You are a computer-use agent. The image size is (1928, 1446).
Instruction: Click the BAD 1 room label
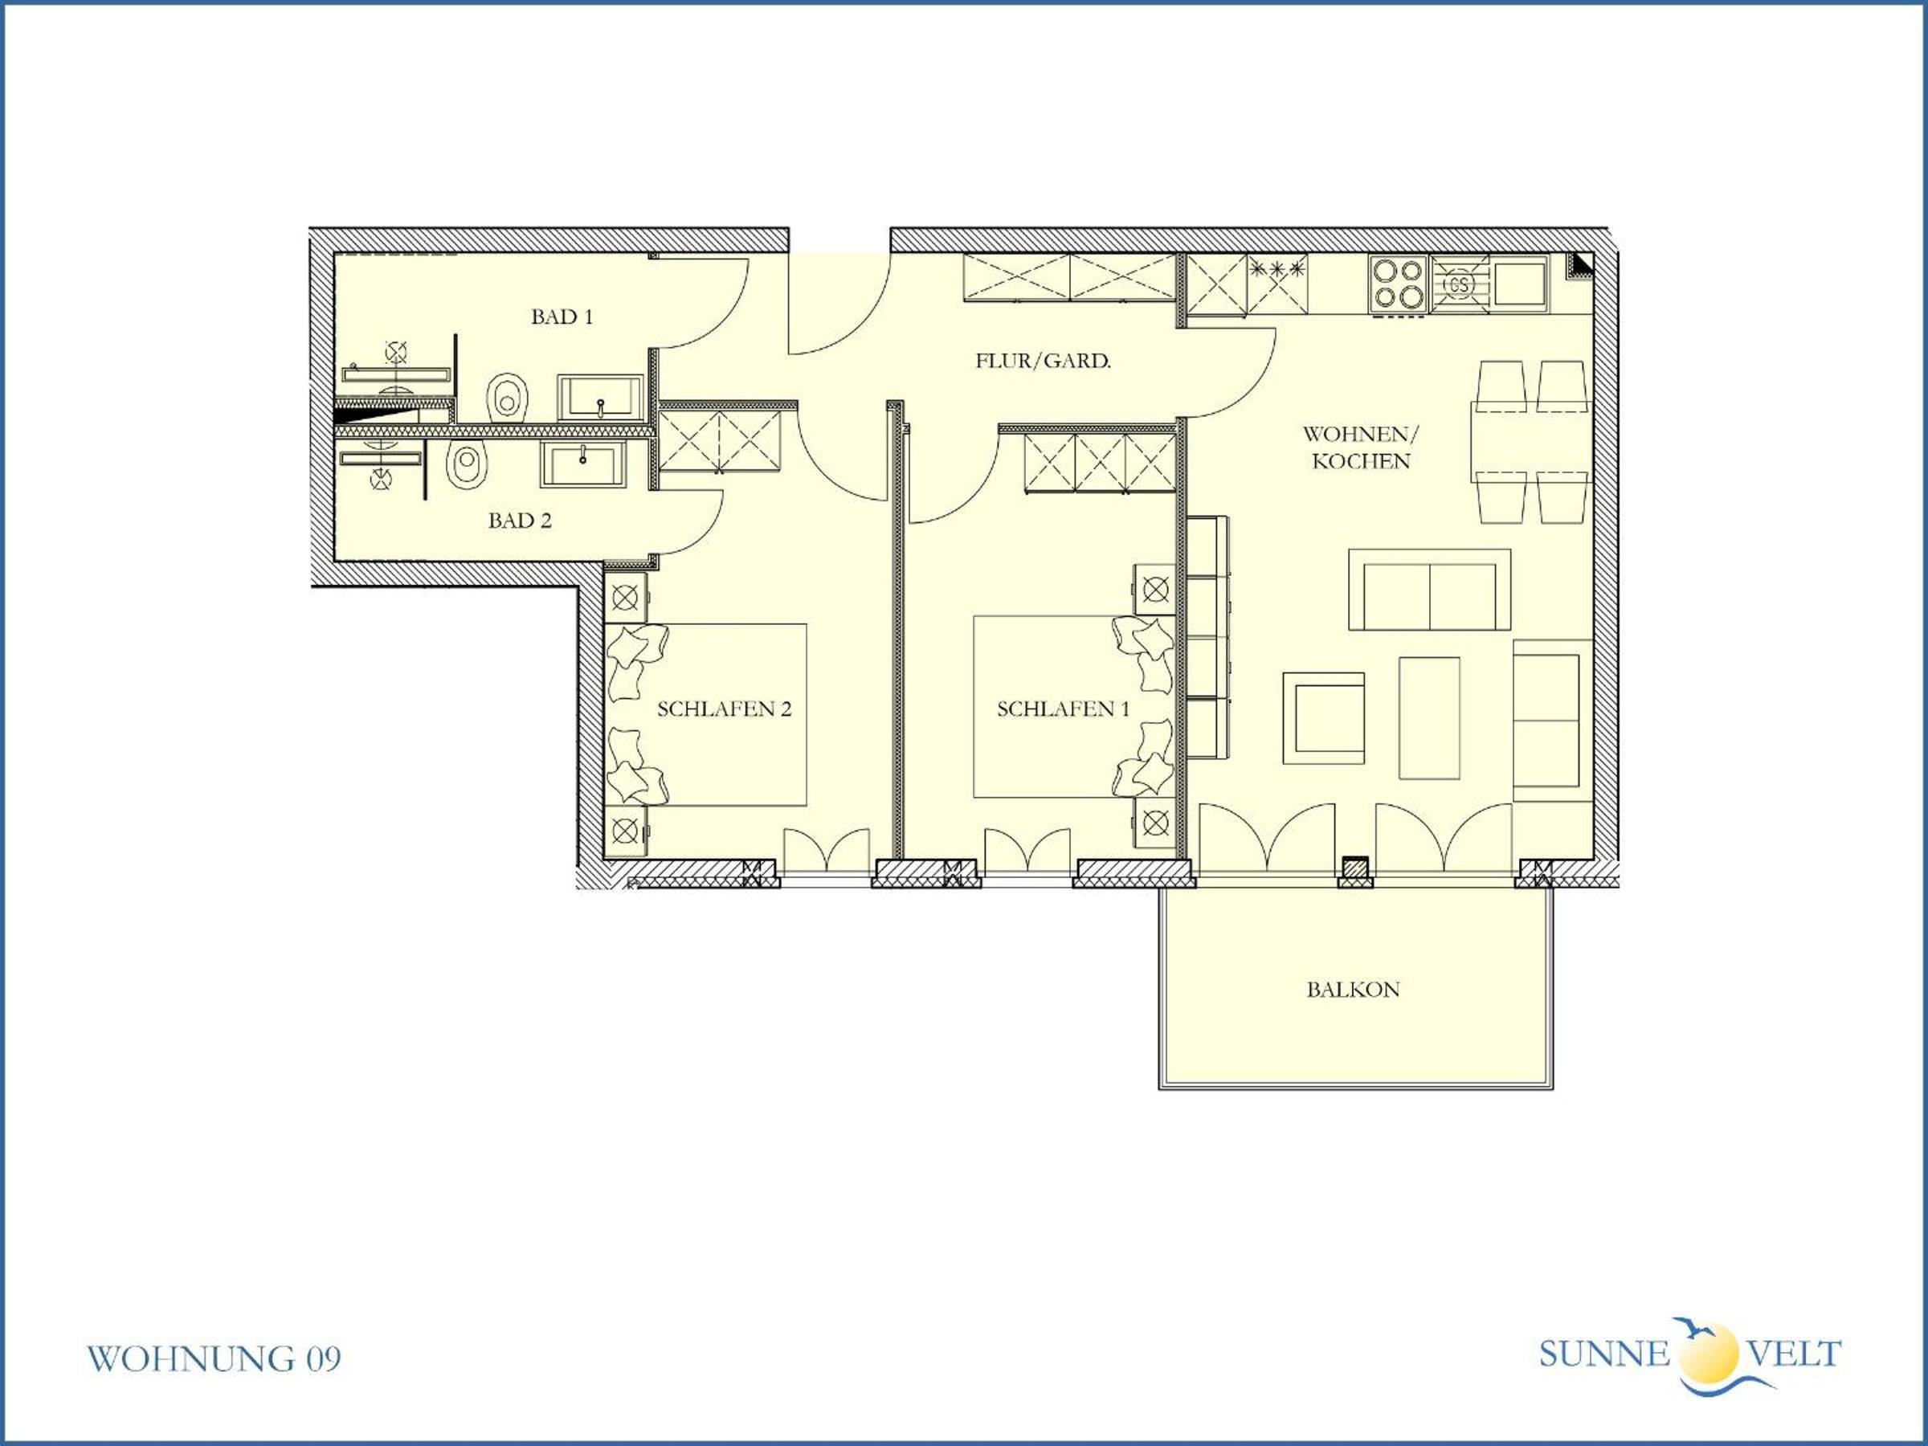click(x=562, y=317)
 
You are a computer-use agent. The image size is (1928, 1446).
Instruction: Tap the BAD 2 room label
click(x=520, y=521)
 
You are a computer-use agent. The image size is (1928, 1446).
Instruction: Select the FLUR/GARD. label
click(x=1044, y=361)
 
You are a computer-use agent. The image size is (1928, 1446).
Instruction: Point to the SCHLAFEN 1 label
click(x=1064, y=709)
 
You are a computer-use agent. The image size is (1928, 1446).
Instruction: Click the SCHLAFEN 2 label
click(x=725, y=709)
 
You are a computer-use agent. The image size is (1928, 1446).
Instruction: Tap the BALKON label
click(x=1353, y=989)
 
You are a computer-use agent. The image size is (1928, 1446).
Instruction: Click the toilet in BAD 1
click(x=509, y=398)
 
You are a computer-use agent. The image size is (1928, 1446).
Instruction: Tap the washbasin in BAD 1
click(x=601, y=399)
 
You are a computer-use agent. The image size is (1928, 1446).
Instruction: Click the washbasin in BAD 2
click(x=583, y=464)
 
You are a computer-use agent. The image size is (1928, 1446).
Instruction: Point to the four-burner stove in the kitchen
click(x=1398, y=284)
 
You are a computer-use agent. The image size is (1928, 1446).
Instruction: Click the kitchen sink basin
click(x=1519, y=280)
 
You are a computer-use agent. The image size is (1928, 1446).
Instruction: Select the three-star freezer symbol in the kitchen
click(x=1278, y=268)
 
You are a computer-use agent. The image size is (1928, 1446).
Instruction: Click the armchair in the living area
click(x=1323, y=718)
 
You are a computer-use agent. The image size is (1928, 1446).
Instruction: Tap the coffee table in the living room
click(x=1429, y=718)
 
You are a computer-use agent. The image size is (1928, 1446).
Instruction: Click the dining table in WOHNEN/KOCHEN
click(x=1531, y=442)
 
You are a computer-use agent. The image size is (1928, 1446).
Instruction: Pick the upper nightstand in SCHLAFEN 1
click(x=1154, y=590)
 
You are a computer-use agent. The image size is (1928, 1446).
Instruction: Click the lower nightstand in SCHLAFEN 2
click(x=626, y=831)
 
